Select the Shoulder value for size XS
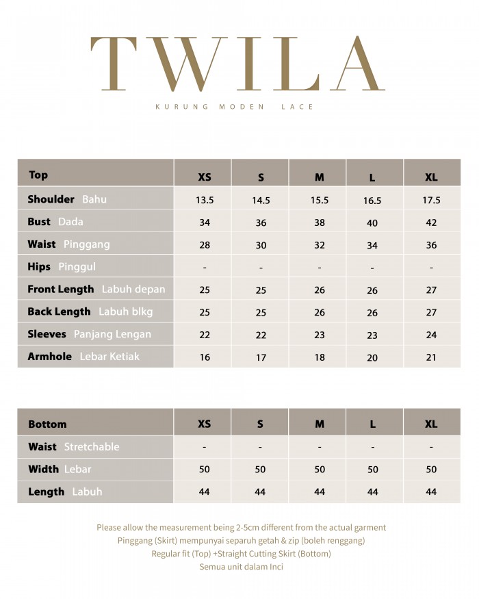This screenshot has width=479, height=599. (x=205, y=201)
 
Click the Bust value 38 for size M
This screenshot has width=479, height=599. (x=320, y=223)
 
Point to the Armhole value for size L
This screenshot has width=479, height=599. (x=372, y=357)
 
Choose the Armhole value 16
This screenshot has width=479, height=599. (x=205, y=357)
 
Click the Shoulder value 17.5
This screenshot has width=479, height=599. (x=431, y=201)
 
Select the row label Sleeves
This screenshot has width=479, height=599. (x=47, y=334)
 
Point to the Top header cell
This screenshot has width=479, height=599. (x=38, y=175)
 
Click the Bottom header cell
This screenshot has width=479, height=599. (x=47, y=424)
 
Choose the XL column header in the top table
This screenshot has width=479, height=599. (x=431, y=177)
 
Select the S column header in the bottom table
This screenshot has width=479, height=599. (x=260, y=424)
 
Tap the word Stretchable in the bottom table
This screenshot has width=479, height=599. (x=92, y=447)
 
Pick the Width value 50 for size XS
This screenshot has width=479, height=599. (x=205, y=470)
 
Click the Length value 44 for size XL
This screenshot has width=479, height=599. (x=431, y=492)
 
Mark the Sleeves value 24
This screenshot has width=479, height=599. (x=431, y=335)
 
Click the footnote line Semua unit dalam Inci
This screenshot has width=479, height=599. (x=241, y=567)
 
